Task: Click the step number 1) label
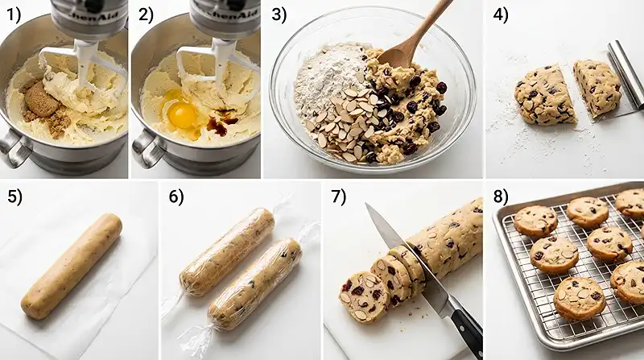click(14, 14)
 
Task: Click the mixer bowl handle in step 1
click(13, 149)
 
